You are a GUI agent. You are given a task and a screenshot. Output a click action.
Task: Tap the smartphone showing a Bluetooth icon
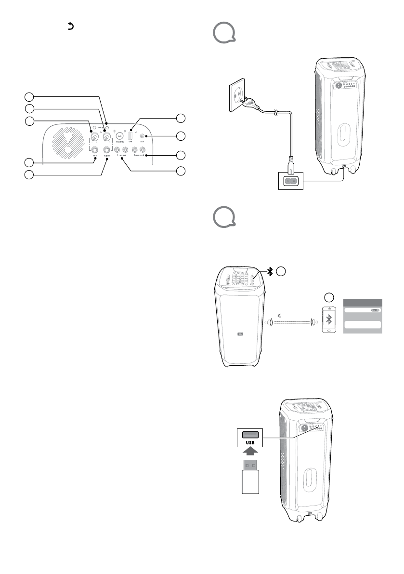[329, 320]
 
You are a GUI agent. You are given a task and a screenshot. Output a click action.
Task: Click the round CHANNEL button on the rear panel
[120, 137]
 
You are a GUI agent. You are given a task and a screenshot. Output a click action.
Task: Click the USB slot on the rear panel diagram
[130, 135]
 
